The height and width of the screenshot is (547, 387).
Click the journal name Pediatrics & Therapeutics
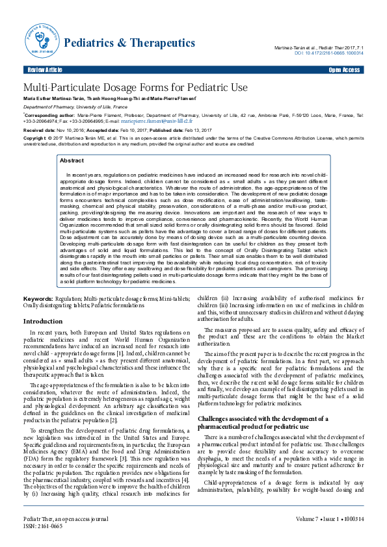pos(129,43)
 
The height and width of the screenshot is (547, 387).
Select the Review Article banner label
pos(45,70)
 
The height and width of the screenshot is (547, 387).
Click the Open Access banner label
pos(344,70)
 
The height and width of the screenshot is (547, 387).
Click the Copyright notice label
pos(36,138)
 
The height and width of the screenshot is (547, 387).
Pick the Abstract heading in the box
pos(72,160)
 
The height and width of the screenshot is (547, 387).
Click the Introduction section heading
pos(43,322)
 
